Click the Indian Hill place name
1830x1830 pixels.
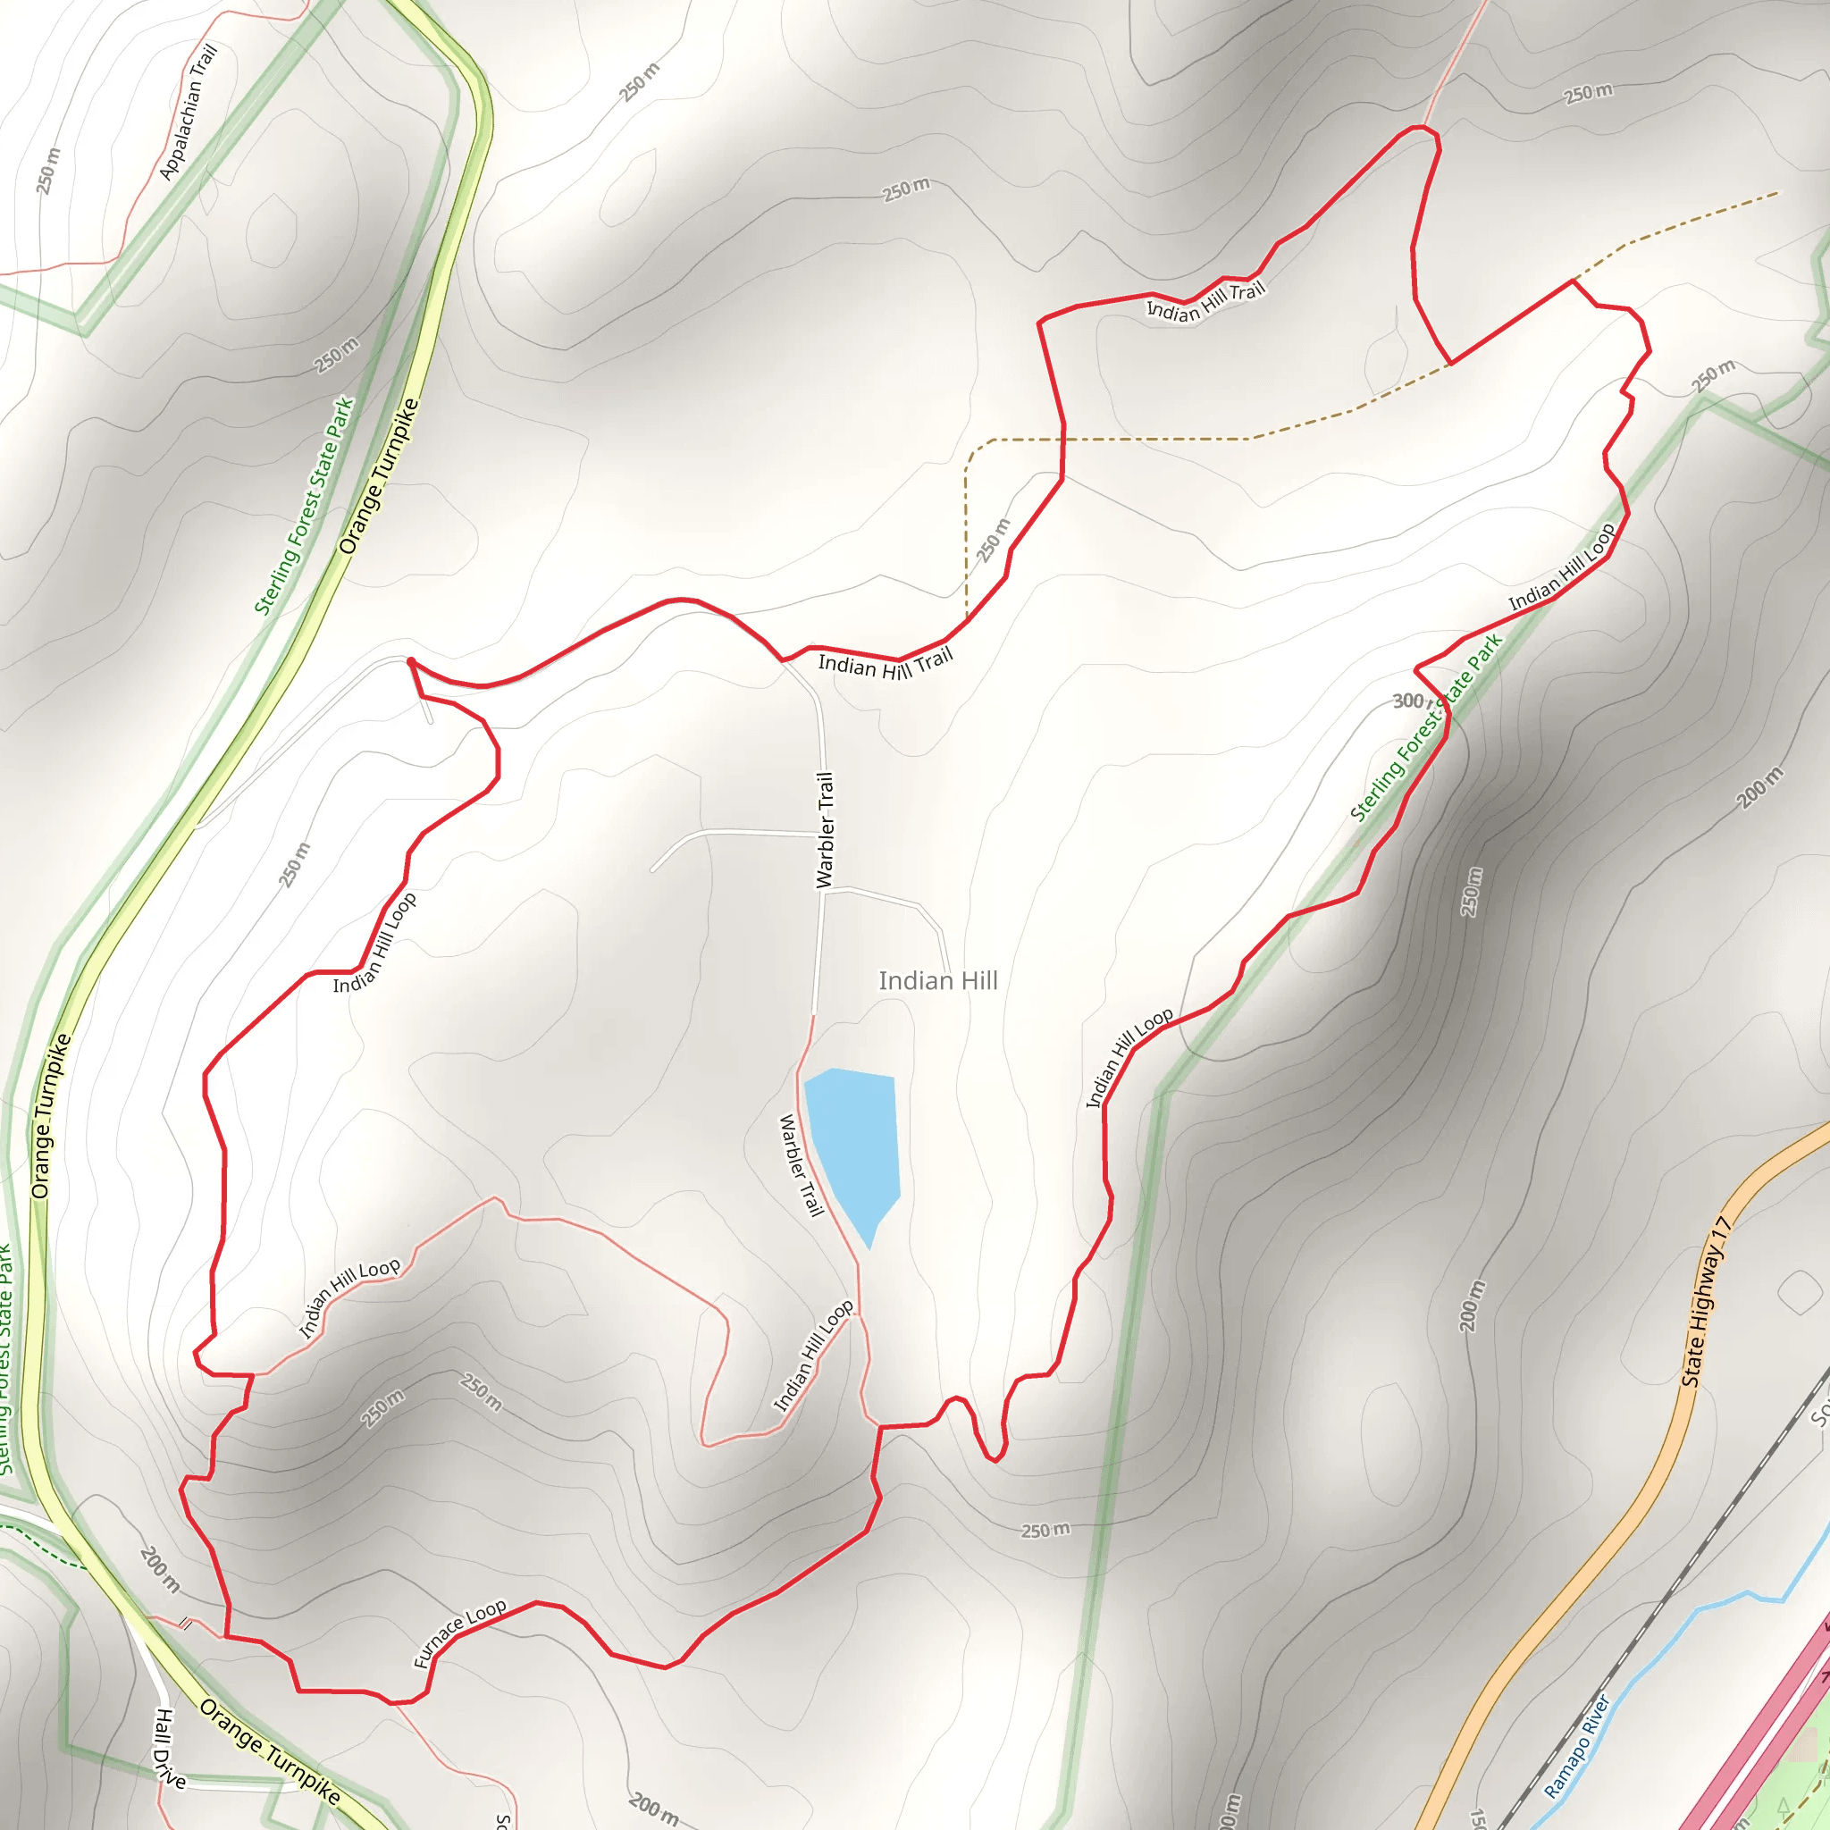[x=937, y=980]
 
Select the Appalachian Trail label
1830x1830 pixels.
[x=189, y=112]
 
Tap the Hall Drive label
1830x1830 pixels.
[x=169, y=1749]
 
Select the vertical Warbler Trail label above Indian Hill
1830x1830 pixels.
[x=826, y=830]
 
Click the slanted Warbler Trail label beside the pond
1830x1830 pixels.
[x=801, y=1164]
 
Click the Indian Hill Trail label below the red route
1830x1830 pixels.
[x=885, y=663]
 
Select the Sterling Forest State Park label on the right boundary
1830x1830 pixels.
[x=1425, y=727]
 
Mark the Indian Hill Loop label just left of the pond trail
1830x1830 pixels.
[x=814, y=1356]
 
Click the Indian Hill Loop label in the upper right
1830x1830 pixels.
[x=1562, y=567]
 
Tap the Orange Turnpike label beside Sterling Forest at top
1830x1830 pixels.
[x=379, y=476]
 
